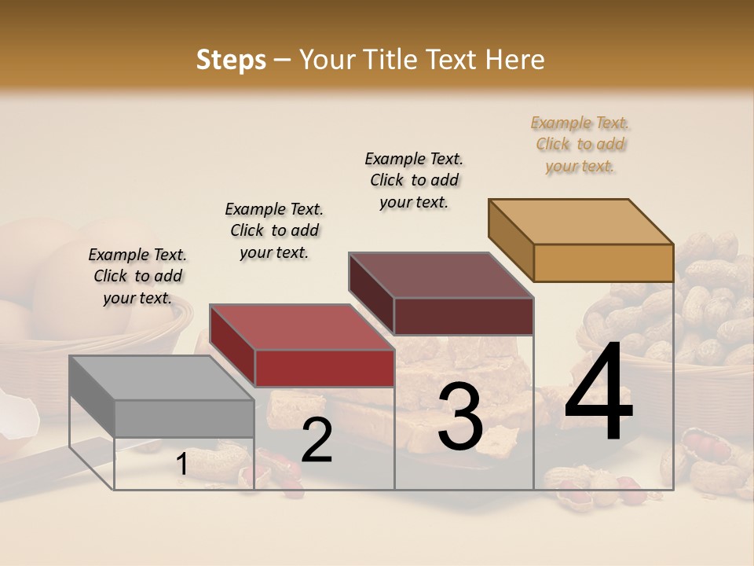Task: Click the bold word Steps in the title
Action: point(231,60)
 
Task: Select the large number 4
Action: point(598,392)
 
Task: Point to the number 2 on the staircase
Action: point(317,440)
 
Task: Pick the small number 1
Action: point(181,465)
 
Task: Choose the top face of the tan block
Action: point(581,221)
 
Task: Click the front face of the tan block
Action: point(603,263)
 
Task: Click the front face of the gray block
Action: point(185,418)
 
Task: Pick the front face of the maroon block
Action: point(463,316)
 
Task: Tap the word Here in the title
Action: point(515,60)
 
